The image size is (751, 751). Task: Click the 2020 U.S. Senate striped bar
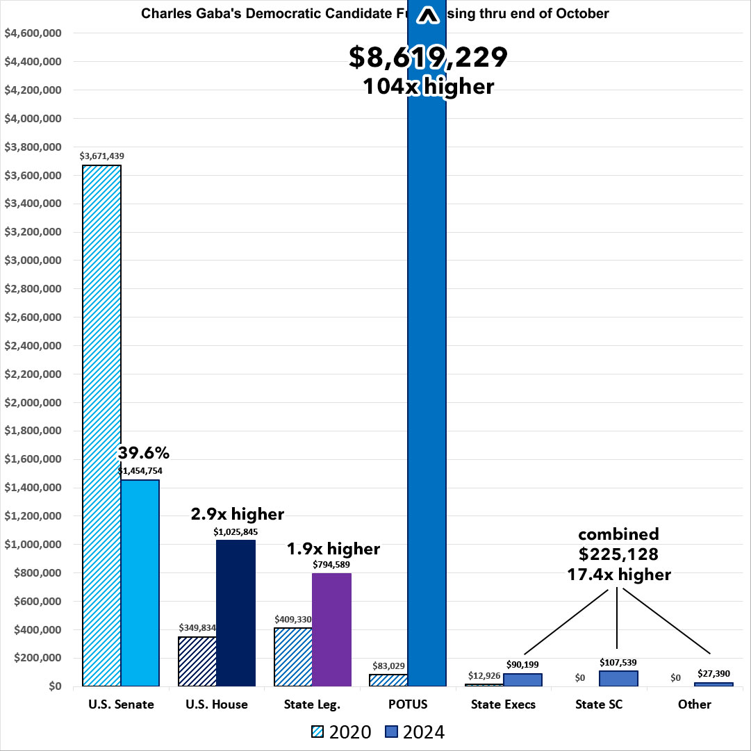[x=102, y=425]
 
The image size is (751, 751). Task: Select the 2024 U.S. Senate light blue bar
[x=140, y=582]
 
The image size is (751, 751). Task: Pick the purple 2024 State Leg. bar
[x=331, y=629]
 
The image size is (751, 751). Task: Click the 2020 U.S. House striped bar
[x=197, y=661]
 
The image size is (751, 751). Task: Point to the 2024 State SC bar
[x=618, y=678]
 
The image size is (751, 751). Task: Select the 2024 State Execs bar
[x=522, y=679]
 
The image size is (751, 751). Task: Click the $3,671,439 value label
[x=101, y=156]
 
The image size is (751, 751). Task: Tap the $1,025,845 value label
[x=236, y=531]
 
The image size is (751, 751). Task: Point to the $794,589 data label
[x=331, y=564]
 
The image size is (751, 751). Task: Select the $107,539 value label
[x=618, y=662]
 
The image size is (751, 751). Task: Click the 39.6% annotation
[x=144, y=452]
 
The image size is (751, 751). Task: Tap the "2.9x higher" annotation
[x=238, y=514]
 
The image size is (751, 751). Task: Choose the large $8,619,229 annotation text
[x=429, y=58]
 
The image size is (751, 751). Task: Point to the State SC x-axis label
[x=599, y=704]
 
